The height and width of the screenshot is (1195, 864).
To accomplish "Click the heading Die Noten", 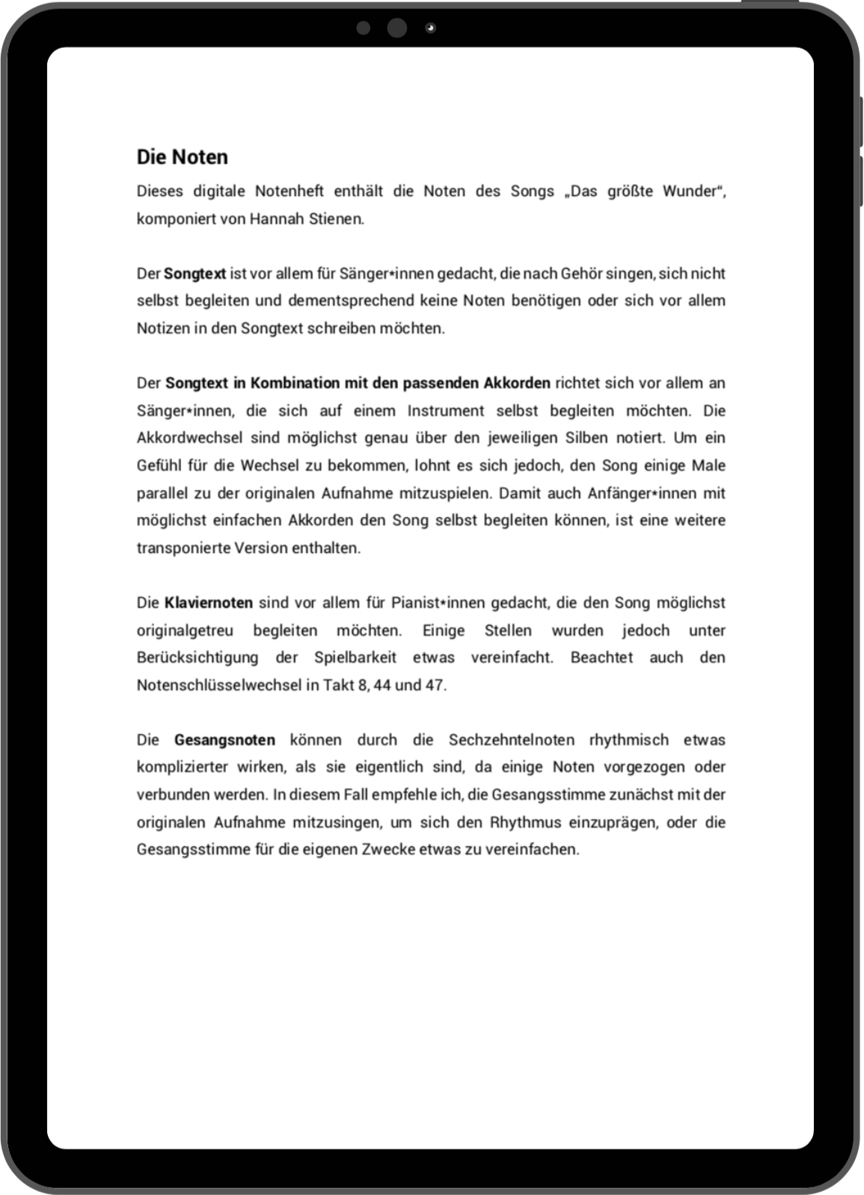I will [x=182, y=157].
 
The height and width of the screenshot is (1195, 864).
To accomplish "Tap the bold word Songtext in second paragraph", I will [x=194, y=274].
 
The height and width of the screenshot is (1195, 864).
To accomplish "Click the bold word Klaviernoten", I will [x=209, y=603].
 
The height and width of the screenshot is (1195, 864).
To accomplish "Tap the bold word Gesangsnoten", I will [x=224, y=740].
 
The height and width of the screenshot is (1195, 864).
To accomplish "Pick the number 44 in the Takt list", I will [x=382, y=685].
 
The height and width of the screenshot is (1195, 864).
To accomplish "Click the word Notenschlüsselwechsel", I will [x=219, y=685].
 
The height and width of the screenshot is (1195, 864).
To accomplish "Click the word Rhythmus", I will [x=525, y=822].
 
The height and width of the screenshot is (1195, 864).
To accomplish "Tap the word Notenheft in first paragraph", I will [x=289, y=192].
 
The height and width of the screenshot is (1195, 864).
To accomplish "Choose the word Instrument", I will [x=446, y=411].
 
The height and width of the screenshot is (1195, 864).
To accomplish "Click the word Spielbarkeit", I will [x=355, y=658].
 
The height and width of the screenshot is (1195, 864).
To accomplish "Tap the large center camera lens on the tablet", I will [x=397, y=28].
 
